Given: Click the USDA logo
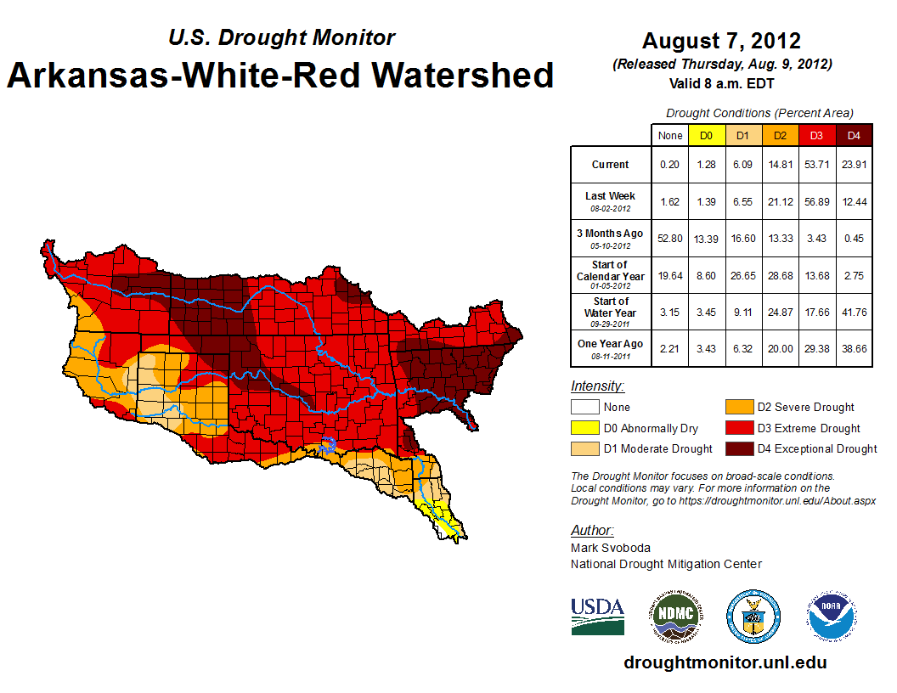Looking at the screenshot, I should click(x=597, y=616).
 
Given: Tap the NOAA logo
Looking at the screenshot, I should click(x=832, y=616).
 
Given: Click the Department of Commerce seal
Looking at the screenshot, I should click(x=753, y=616).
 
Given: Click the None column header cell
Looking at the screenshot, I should click(x=670, y=135).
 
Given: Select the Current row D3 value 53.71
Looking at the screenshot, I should click(x=816, y=165).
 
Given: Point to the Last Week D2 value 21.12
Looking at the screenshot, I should click(x=780, y=201).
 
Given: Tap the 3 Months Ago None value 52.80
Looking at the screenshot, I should click(x=670, y=239).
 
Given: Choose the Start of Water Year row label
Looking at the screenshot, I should click(x=611, y=311).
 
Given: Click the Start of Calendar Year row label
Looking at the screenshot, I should click(x=611, y=275).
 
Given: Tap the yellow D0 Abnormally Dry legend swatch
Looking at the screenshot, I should click(x=584, y=428).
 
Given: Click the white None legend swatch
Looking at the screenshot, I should click(x=584, y=408).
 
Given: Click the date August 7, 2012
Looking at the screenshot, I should click(x=721, y=41).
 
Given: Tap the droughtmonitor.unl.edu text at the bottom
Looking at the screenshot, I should click(x=725, y=662).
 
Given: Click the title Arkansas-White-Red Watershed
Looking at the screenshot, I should click(x=280, y=75).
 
